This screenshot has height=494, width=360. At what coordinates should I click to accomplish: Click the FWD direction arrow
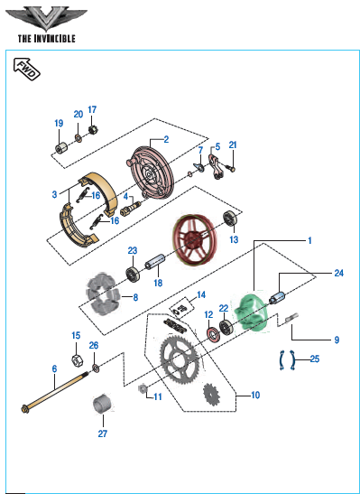pos(27,69)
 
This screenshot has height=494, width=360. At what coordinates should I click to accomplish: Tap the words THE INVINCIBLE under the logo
pos(47,39)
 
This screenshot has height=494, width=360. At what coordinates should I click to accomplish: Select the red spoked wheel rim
pos(193,240)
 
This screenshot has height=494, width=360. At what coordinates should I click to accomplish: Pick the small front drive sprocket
pos(212,396)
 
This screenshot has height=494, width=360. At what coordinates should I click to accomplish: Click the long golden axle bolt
pos(56,390)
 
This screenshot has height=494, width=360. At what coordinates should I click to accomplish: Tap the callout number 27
pos(102,433)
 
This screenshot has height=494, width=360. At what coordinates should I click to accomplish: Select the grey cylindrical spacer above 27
pos(103,403)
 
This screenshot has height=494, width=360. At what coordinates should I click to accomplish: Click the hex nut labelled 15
pos(77,359)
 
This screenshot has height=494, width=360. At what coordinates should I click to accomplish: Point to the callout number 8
pos(135,297)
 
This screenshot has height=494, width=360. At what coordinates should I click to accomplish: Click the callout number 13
pos(234,239)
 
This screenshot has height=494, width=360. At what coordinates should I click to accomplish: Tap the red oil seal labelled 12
pos(213,334)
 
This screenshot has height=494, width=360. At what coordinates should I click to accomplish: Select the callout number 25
pos(315,359)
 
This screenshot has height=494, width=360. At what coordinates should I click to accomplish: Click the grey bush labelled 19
pos(61,147)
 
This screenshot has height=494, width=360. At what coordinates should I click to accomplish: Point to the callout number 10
pos(255,395)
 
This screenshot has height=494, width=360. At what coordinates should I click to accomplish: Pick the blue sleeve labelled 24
pos(278,297)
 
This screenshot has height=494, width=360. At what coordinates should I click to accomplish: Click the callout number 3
pos(55,194)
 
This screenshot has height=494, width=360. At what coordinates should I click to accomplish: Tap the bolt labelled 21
pos(231,168)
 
